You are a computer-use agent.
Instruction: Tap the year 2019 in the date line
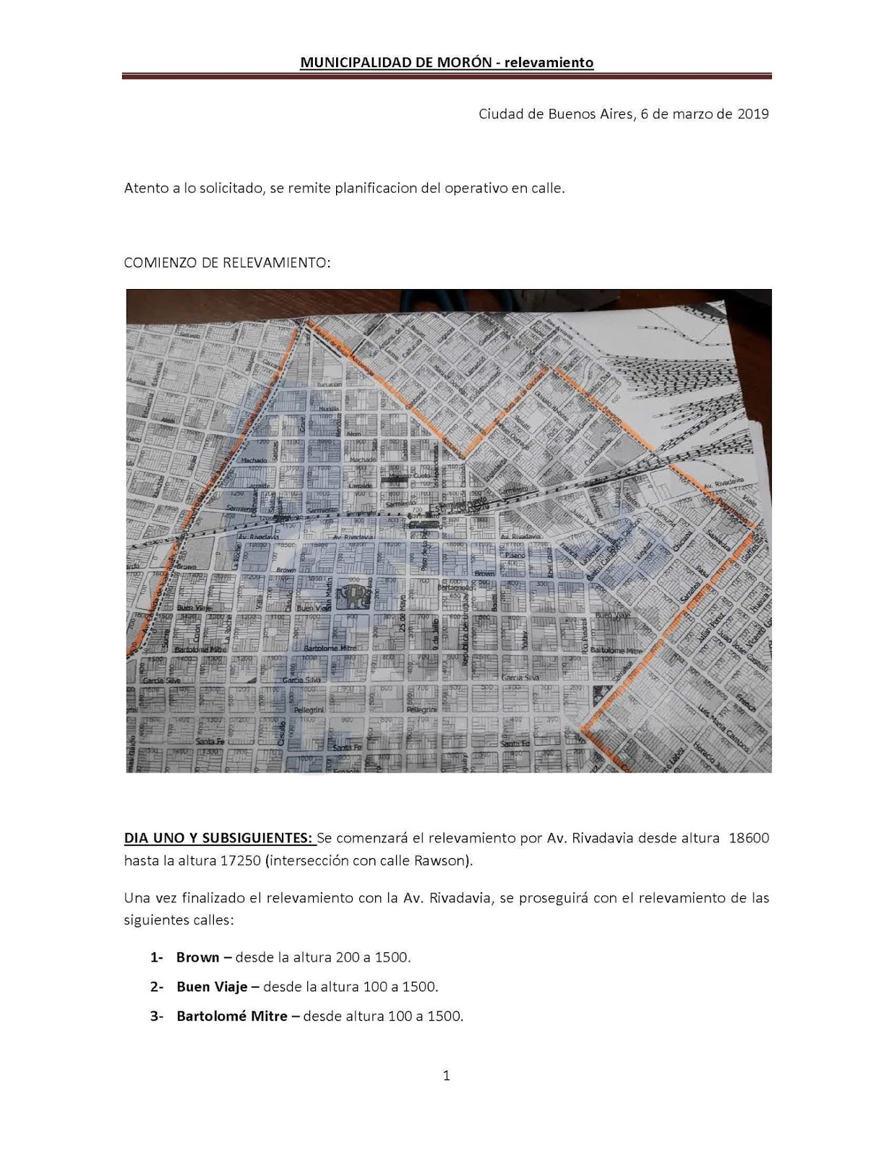point(752,114)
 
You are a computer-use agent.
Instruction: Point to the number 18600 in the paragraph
point(749,838)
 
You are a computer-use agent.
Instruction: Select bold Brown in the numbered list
point(197,957)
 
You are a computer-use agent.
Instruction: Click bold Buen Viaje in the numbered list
point(212,986)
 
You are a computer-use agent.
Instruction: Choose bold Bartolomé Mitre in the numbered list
point(231,1016)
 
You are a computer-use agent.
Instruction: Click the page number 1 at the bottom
point(446,1076)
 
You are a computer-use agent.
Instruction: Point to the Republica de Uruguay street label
point(463,636)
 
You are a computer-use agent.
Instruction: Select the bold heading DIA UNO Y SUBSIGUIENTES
point(219,838)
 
